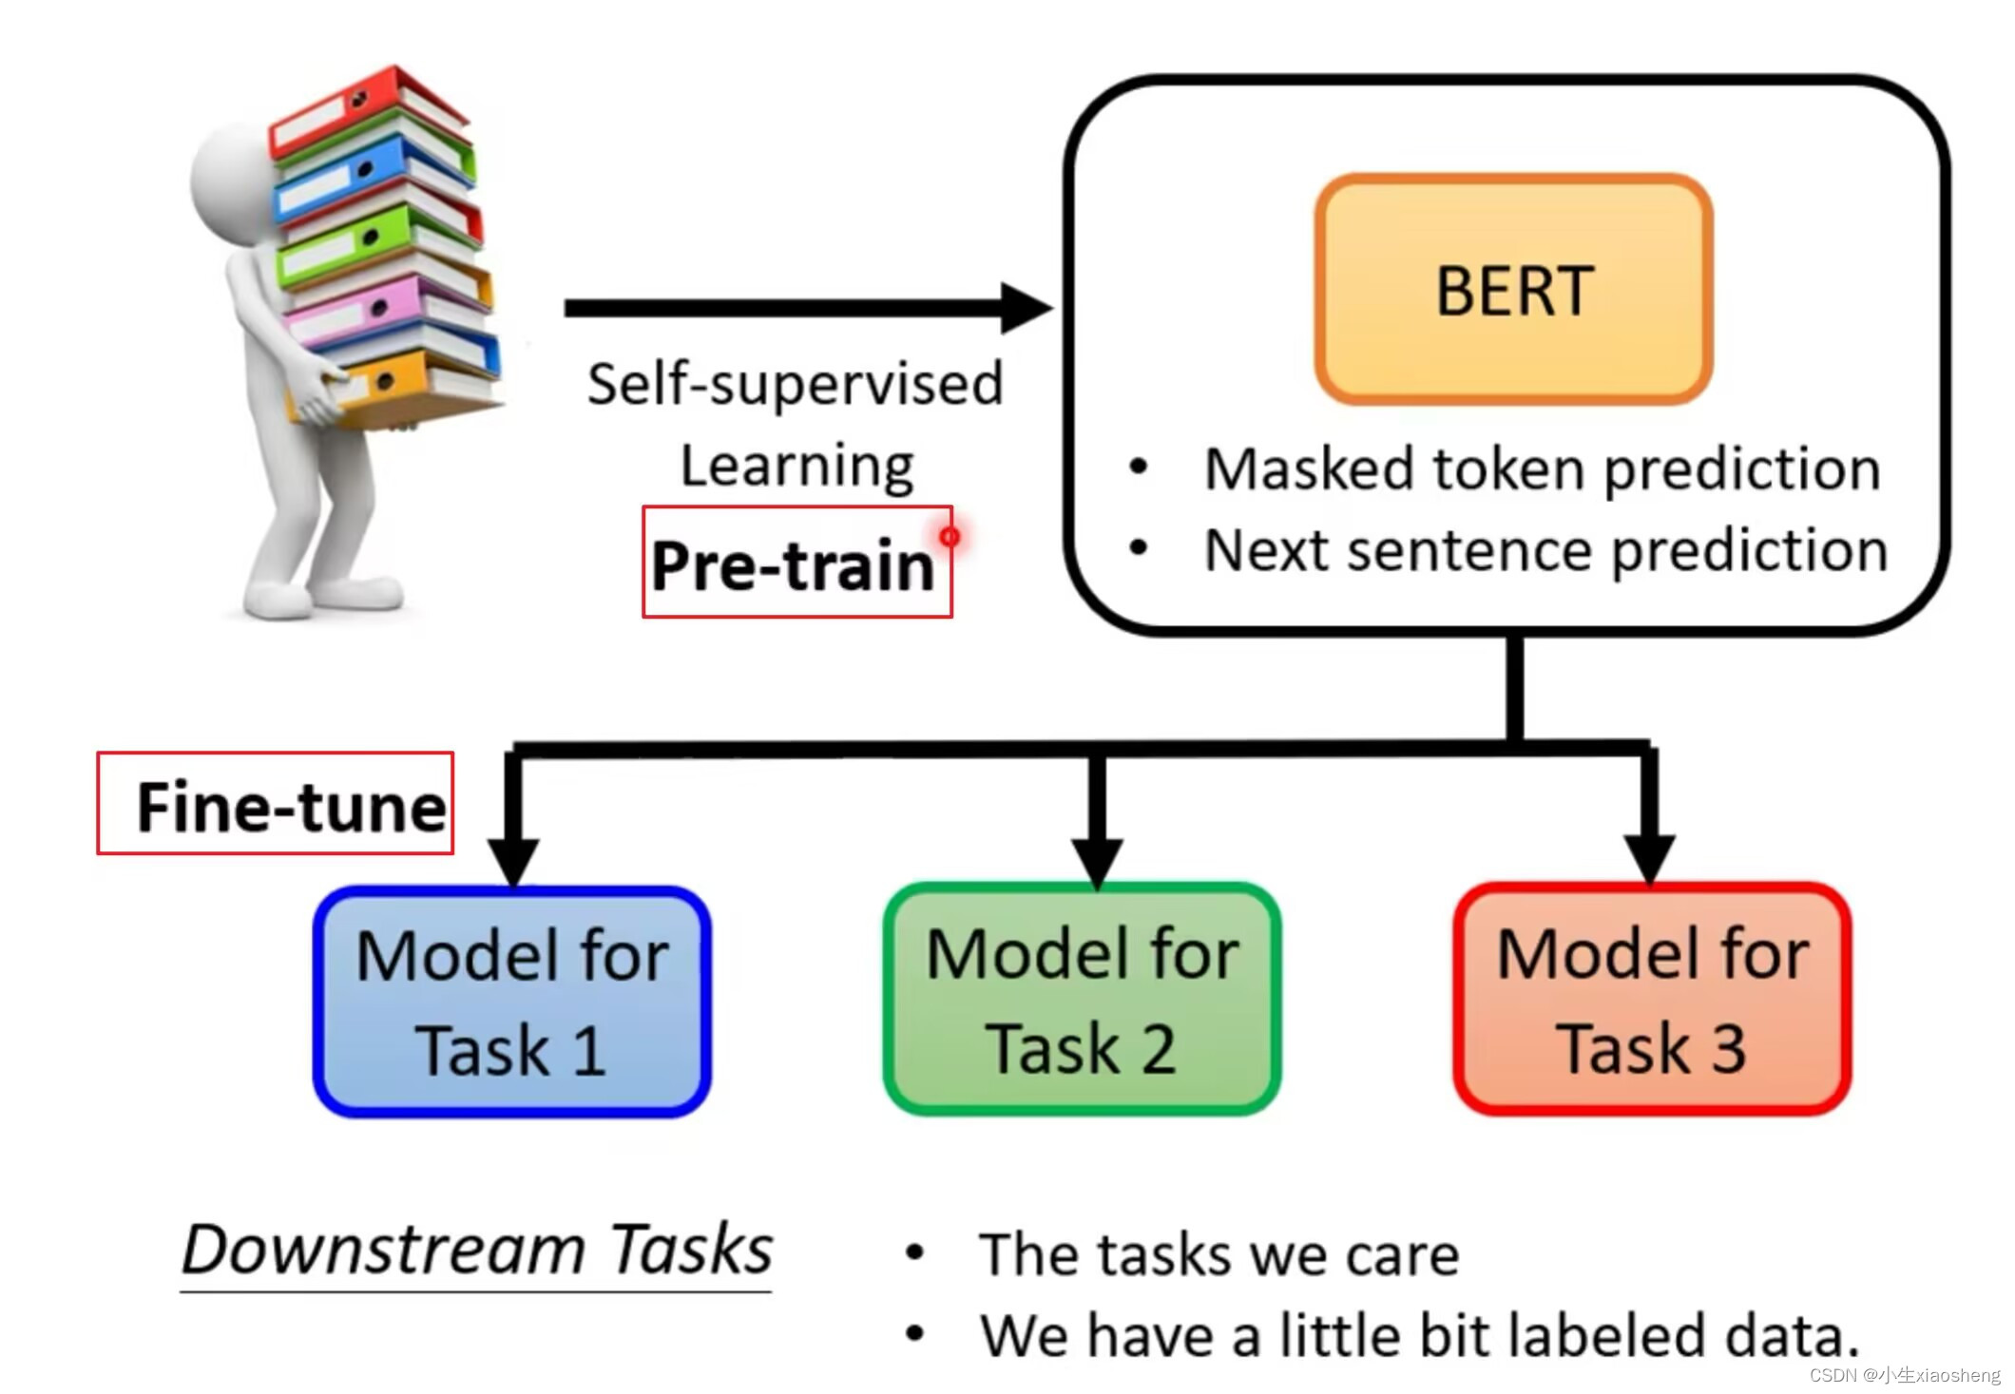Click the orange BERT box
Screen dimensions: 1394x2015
[1513, 290]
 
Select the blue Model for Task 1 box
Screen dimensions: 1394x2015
[512, 1003]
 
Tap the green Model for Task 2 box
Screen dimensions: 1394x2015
[1082, 1000]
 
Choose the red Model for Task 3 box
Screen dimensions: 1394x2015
[1652, 1000]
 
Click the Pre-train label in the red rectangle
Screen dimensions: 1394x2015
[794, 565]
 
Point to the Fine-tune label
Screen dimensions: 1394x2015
[290, 807]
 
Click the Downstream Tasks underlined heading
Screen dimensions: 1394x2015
[476, 1250]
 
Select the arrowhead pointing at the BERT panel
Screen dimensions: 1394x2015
[1027, 308]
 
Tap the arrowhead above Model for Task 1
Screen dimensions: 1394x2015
[513, 860]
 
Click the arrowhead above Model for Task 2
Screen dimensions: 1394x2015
[1097, 860]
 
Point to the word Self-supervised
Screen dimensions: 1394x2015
[795, 385]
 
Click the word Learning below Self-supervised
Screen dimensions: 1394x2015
[796, 467]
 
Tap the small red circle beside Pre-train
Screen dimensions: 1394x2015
[950, 537]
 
